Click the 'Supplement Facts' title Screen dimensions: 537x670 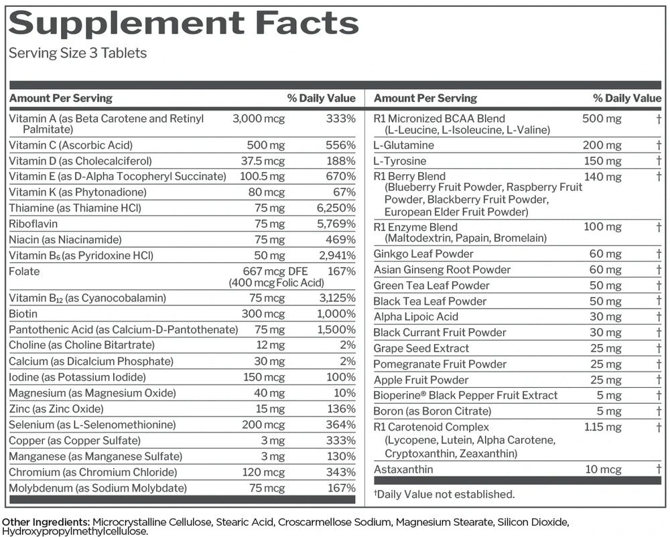[x=184, y=23]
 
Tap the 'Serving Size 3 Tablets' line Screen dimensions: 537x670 [x=78, y=54]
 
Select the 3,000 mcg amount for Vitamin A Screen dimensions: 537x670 [x=258, y=119]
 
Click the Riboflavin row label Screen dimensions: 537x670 [x=33, y=224]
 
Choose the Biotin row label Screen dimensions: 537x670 [x=23, y=313]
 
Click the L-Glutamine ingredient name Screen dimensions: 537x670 [x=403, y=145]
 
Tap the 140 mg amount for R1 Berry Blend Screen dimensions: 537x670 [x=602, y=177]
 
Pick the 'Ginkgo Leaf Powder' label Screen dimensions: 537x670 [x=423, y=254]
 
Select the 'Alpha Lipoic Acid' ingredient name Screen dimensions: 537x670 [x=415, y=317]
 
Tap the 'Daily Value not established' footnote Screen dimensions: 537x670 [x=444, y=495]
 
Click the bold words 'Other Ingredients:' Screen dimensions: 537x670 [x=46, y=522]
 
